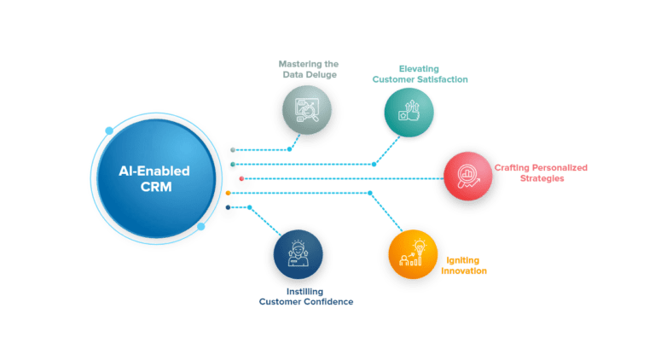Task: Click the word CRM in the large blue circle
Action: point(154,189)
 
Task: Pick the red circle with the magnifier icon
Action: point(467,177)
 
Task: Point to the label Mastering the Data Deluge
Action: point(308,68)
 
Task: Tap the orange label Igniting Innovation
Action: point(464,264)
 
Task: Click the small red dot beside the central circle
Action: point(241,178)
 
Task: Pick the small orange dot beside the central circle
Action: point(228,193)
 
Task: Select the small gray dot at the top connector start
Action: point(232,150)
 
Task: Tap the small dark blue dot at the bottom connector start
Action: point(228,207)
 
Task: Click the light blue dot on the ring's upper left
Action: point(108,131)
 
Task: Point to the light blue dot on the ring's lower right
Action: point(200,227)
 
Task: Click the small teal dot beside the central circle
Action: point(232,164)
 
